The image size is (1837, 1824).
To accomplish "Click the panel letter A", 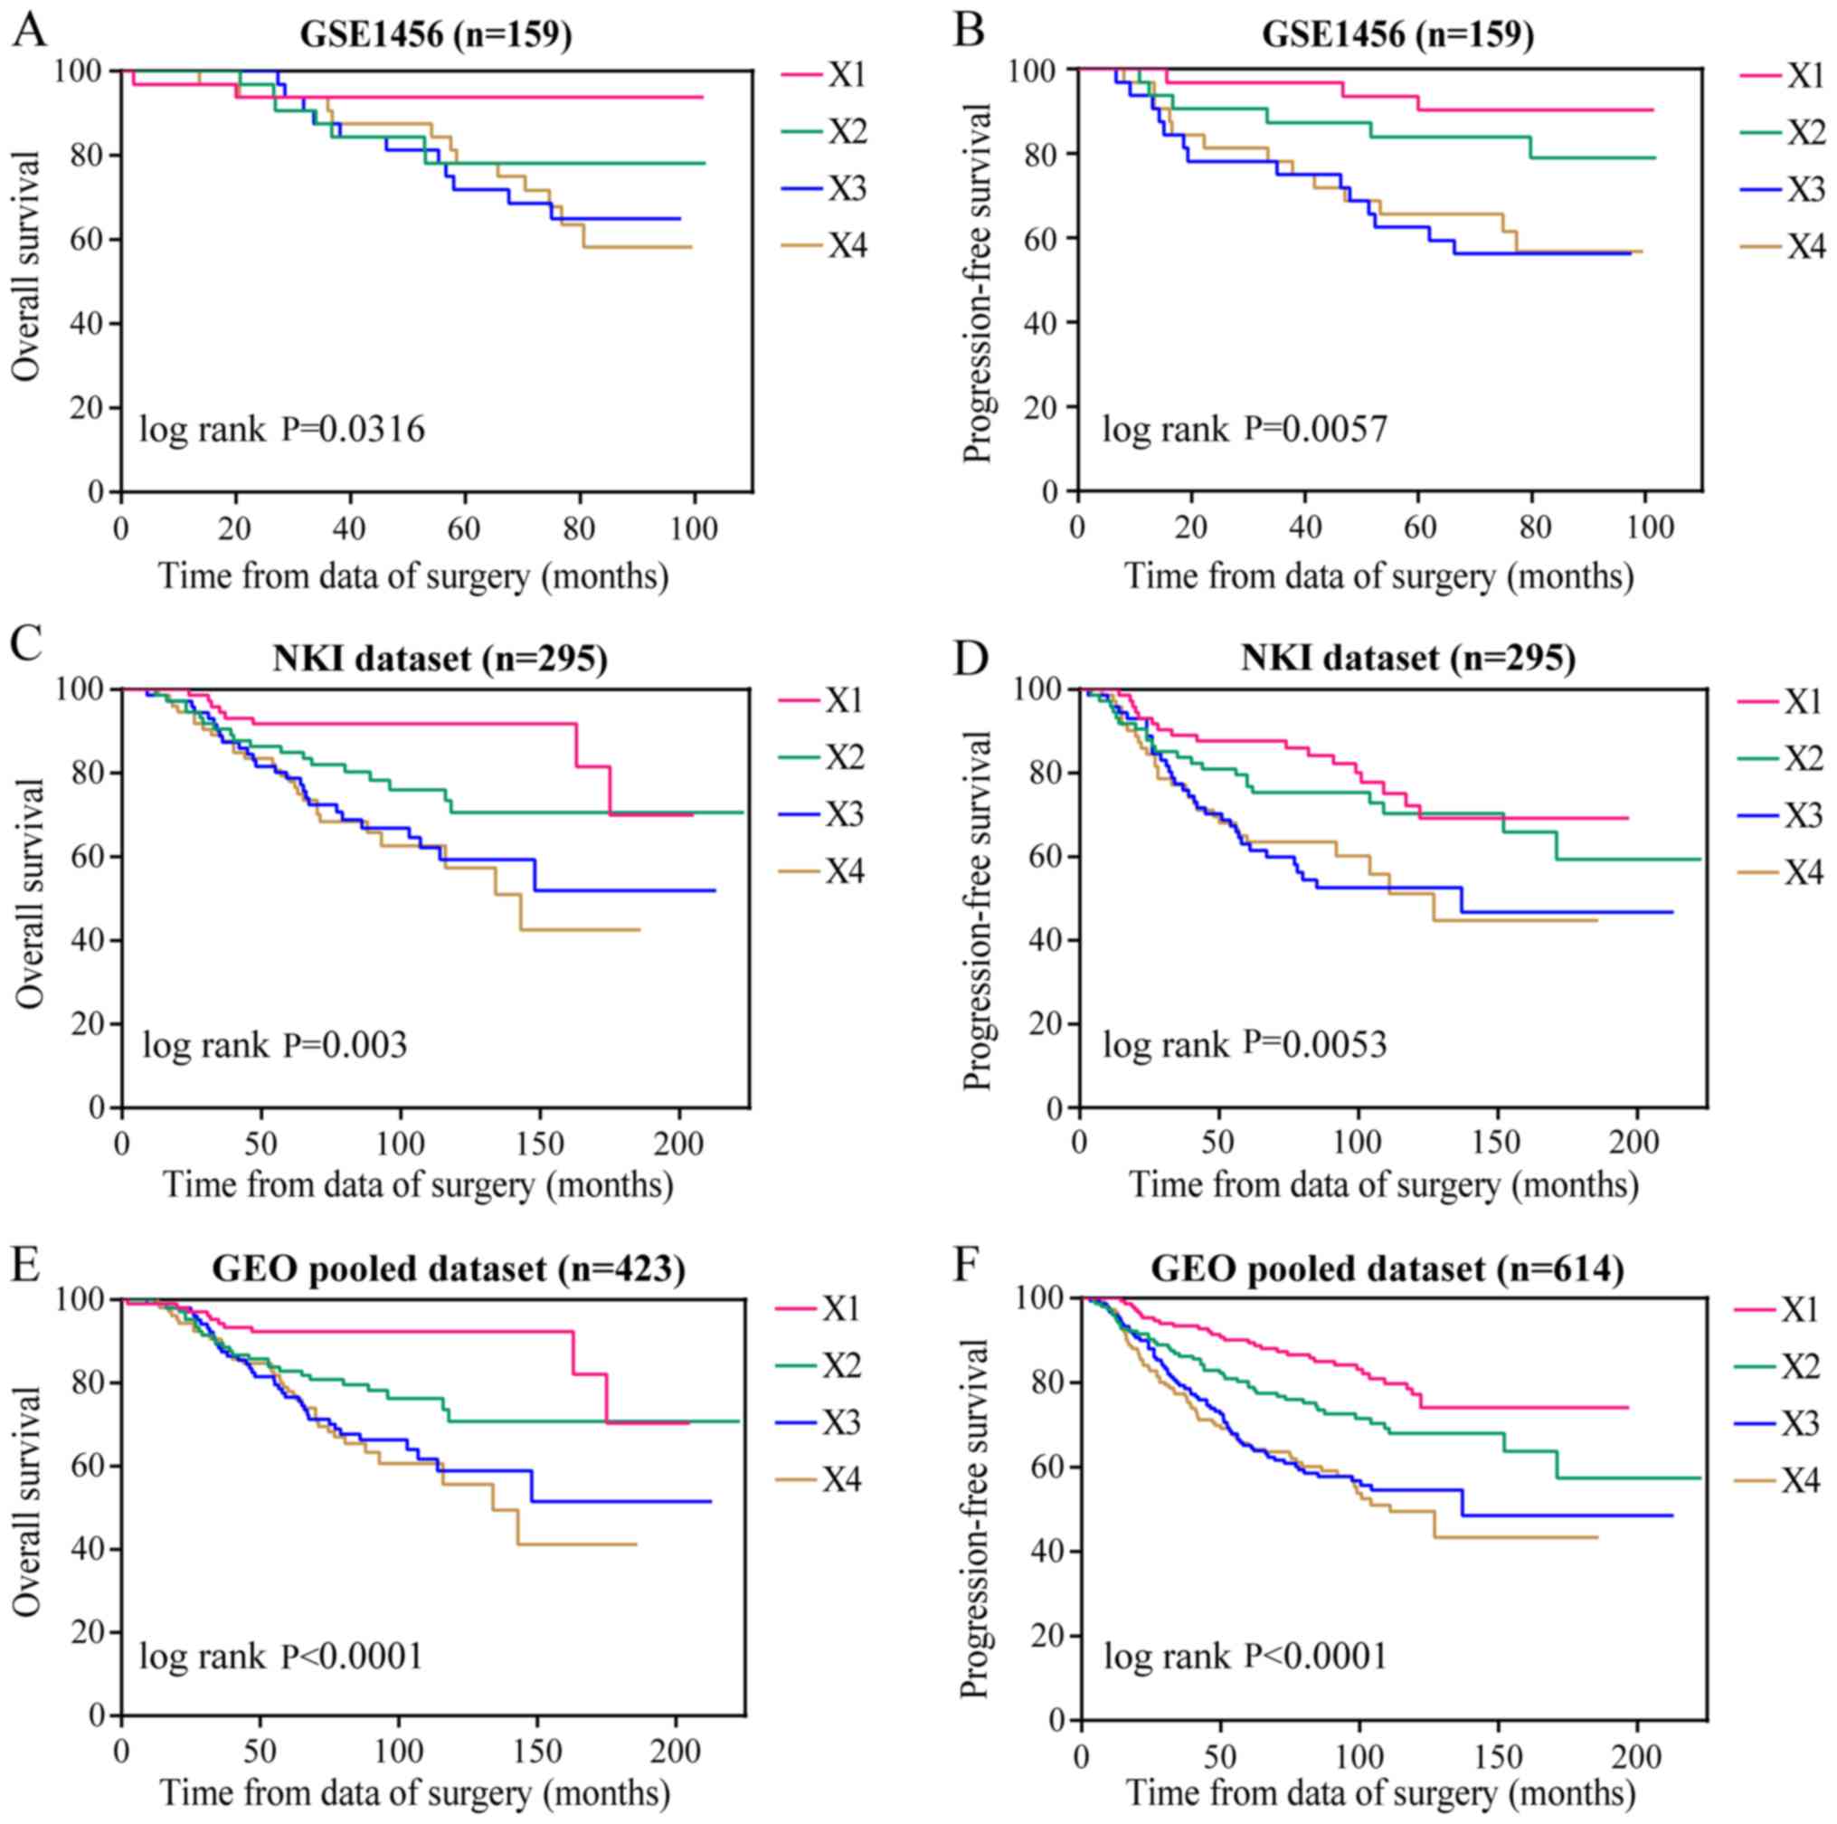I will coord(29,31).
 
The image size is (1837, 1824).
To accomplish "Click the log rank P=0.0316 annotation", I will coord(282,430).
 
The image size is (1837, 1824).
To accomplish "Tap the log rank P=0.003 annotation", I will coord(274,1045).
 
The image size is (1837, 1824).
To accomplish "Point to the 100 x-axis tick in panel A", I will coord(694,527).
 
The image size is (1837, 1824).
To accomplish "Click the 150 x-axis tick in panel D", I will coord(1496,1142).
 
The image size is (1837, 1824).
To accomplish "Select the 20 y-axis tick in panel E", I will coord(88,1632).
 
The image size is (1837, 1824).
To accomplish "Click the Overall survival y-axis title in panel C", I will coord(31,895).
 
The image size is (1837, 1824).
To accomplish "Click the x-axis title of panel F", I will coord(1380,1793).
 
